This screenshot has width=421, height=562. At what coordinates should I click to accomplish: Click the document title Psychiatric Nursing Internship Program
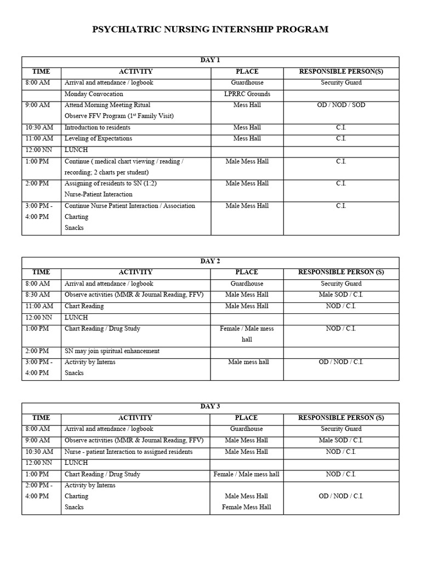(210, 30)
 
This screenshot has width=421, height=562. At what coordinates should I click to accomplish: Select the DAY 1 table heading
(210, 60)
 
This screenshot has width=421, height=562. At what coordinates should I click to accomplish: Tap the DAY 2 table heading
(210, 261)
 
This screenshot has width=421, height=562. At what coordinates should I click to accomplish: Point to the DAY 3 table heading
(210, 407)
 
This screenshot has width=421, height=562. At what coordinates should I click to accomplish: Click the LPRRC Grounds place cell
(247, 94)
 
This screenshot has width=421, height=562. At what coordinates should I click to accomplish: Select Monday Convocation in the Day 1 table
(94, 94)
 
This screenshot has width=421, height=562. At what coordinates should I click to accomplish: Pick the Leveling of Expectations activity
(98, 139)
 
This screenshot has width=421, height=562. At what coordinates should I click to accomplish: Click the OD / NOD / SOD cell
(341, 105)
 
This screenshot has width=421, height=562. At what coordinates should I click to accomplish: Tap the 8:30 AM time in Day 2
(37, 295)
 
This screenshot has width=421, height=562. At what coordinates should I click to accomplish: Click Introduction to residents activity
(98, 128)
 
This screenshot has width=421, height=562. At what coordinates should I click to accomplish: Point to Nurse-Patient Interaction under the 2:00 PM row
(99, 194)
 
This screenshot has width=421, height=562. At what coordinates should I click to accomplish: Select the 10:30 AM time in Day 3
(39, 452)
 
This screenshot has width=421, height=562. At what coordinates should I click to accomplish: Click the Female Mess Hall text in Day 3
(247, 507)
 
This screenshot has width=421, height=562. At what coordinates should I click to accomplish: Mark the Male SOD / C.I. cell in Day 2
(341, 295)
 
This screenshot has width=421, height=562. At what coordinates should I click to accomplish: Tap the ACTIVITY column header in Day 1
(135, 72)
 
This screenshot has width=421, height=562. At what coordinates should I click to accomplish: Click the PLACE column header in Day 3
(247, 418)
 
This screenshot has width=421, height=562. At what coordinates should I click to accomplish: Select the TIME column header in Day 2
(41, 272)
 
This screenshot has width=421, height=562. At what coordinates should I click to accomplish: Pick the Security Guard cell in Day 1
(341, 83)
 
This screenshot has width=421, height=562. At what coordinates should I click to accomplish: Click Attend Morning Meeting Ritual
(107, 105)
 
